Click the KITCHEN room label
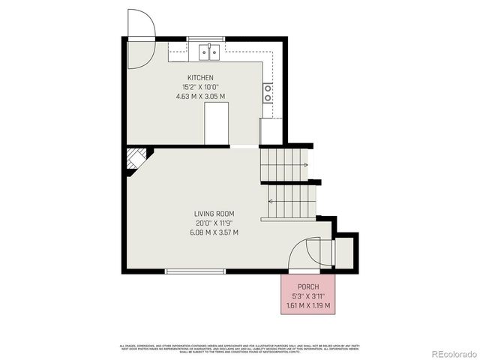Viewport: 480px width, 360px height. pyautogui.click(x=200, y=78)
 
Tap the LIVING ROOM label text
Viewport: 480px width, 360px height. pyautogui.click(x=214, y=214)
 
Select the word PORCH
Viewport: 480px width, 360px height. pyautogui.click(x=308, y=287)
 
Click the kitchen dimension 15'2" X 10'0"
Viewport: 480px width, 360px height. pyautogui.click(x=200, y=87)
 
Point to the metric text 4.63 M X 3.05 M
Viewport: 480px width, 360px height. pyautogui.click(x=200, y=96)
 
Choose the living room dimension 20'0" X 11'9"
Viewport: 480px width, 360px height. pyautogui.click(x=214, y=223)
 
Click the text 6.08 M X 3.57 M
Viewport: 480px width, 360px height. pyautogui.click(x=214, y=232)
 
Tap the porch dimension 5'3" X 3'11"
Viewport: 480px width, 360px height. pyautogui.click(x=308, y=296)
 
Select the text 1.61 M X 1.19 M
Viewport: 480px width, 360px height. pyautogui.click(x=308, y=305)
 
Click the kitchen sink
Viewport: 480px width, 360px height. pyautogui.click(x=208, y=52)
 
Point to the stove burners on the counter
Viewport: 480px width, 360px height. pyautogui.click(x=268, y=92)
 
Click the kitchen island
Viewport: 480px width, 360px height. pyautogui.click(x=217, y=123)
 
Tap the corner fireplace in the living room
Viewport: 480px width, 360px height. pyautogui.click(x=136, y=159)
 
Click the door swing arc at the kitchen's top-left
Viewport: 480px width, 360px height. pyautogui.click(x=140, y=24)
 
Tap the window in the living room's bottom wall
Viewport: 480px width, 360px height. pyautogui.click(x=195, y=270)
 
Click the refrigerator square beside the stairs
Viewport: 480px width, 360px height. pyautogui.click(x=270, y=131)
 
